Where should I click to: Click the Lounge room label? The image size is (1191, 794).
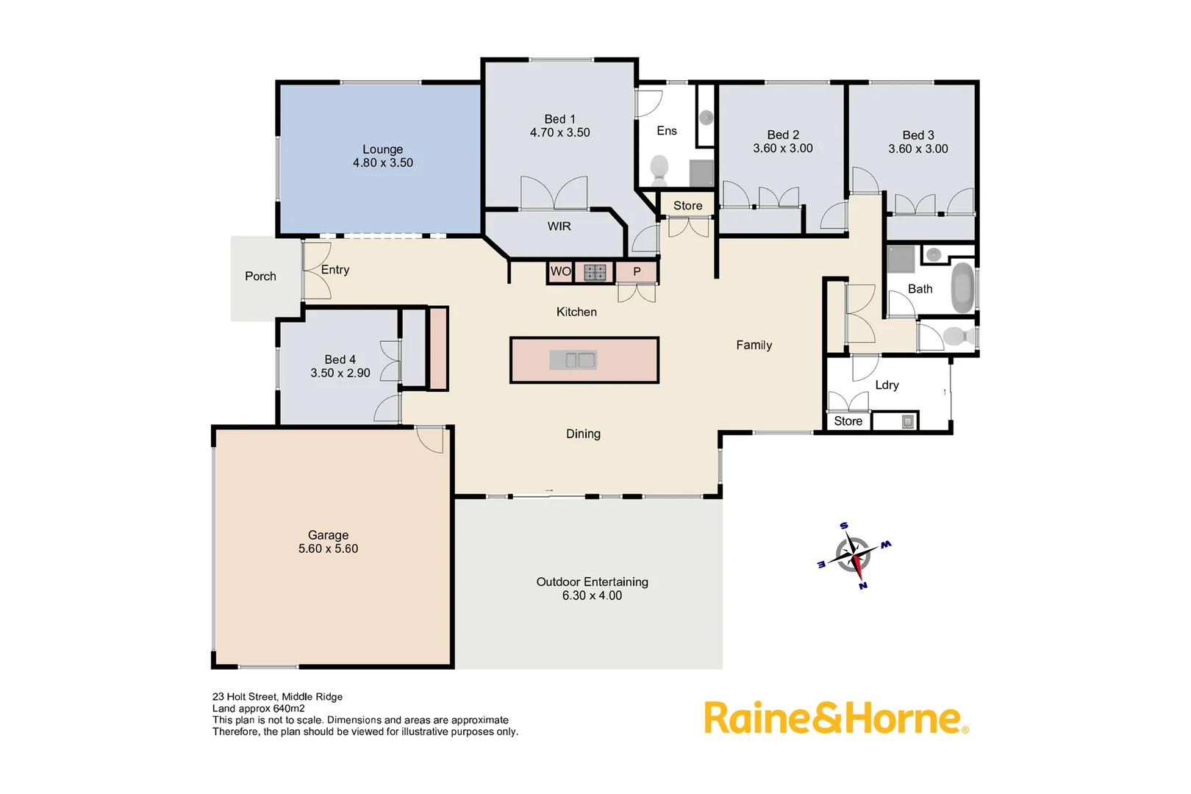point(382,149)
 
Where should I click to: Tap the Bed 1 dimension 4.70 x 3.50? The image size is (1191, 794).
point(559,133)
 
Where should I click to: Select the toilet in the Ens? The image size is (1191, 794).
point(659,168)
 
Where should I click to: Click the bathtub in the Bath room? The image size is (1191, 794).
point(962,289)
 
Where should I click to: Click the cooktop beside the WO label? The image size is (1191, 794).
point(595,273)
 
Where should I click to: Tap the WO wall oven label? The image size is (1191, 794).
point(560,271)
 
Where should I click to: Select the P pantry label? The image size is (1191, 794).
point(637,272)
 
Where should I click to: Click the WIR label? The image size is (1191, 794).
point(559,226)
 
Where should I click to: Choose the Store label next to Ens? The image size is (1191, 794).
point(687,206)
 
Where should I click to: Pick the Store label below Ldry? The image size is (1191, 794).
point(848,421)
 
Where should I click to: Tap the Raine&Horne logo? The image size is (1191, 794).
point(835,718)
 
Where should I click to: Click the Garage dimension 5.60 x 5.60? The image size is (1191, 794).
point(328,549)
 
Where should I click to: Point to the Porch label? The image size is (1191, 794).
point(260,276)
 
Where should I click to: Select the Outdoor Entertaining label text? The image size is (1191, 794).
point(592,582)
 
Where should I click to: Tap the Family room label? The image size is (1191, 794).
point(754,346)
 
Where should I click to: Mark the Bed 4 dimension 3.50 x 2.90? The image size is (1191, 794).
point(340,373)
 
